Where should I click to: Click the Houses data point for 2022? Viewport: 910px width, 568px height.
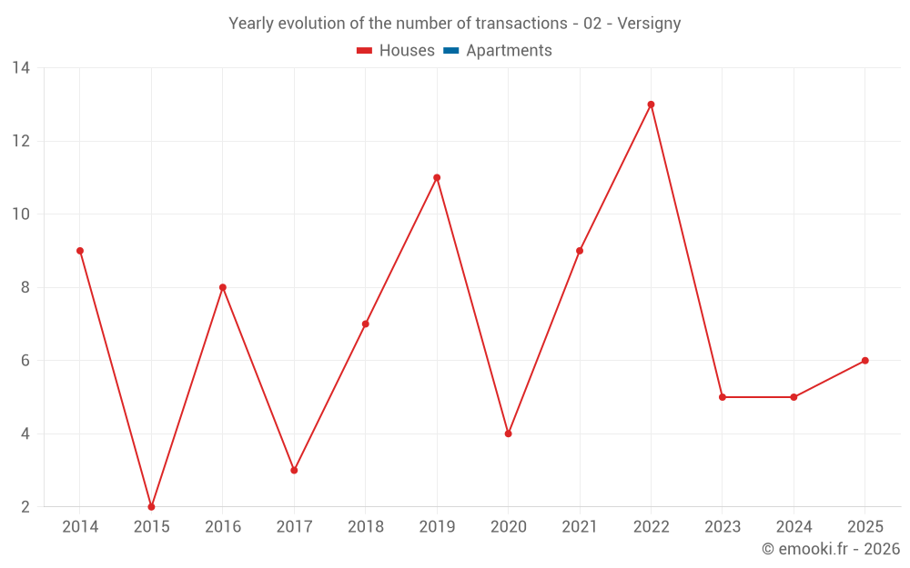pyautogui.click(x=651, y=105)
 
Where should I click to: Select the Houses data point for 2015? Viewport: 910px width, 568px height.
pyautogui.click(x=151, y=506)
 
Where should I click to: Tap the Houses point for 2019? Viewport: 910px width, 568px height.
pyautogui.click(x=437, y=178)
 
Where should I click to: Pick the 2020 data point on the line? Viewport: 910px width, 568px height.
pyautogui.click(x=509, y=433)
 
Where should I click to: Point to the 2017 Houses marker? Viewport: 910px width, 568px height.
pyautogui.click(x=294, y=470)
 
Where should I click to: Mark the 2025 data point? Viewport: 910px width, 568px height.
pyautogui.click(x=864, y=361)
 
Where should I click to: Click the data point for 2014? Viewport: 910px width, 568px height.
pyautogui.click(x=80, y=251)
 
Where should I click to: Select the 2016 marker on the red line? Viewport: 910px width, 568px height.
pyautogui.click(x=223, y=287)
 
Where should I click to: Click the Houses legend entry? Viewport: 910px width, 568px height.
pyautogui.click(x=396, y=50)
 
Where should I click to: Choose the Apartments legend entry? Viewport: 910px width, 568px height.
pyautogui.click(x=498, y=50)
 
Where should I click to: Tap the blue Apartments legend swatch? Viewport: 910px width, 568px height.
pyautogui.click(x=451, y=51)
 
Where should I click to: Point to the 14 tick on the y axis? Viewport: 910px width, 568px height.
pyautogui.click(x=21, y=68)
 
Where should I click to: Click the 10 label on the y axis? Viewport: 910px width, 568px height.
pyautogui.click(x=21, y=214)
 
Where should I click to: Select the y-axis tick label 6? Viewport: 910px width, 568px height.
pyautogui.click(x=25, y=361)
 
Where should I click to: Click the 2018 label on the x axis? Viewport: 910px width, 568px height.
pyautogui.click(x=366, y=526)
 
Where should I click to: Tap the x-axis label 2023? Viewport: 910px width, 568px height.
pyautogui.click(x=723, y=526)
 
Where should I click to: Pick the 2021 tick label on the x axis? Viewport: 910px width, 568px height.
pyautogui.click(x=580, y=526)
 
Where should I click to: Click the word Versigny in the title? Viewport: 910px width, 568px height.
pyautogui.click(x=649, y=24)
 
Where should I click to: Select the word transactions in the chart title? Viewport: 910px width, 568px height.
pyautogui.click(x=521, y=24)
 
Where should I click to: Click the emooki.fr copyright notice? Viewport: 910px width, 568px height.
pyautogui.click(x=831, y=548)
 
